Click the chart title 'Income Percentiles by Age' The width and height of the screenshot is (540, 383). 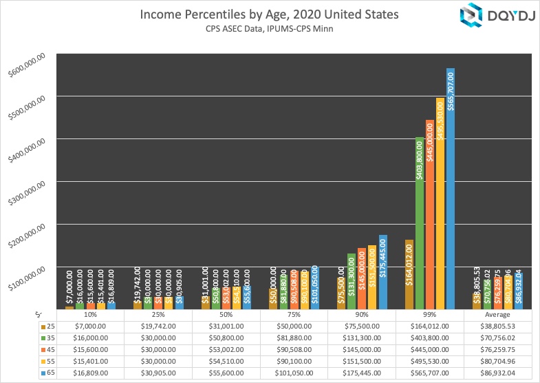point(269,14)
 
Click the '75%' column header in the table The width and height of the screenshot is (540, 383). point(294,315)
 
